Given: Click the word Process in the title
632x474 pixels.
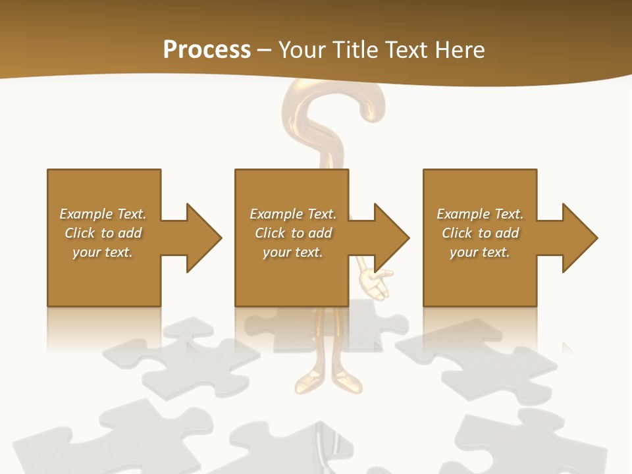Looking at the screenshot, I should [207, 50].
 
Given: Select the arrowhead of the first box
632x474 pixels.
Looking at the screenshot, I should [204, 238].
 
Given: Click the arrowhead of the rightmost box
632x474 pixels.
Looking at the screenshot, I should [580, 238].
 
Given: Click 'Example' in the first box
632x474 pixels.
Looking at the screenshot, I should [86, 214].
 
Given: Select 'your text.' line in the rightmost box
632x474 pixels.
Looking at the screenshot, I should [479, 252].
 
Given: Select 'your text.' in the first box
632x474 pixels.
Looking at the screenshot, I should [103, 252].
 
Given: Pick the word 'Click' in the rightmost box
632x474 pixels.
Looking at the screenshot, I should [457, 233].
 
